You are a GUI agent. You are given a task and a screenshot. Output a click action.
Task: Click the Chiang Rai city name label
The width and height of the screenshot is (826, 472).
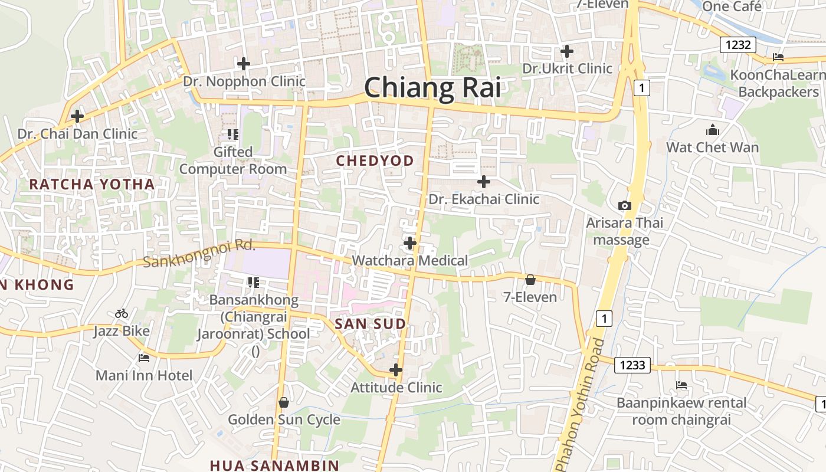(432, 88)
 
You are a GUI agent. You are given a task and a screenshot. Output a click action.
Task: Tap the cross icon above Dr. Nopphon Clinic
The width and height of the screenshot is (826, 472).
(243, 64)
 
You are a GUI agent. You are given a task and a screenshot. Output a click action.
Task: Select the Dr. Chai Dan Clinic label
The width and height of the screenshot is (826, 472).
(77, 134)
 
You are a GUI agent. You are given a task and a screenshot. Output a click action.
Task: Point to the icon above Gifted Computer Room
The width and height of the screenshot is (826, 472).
(232, 135)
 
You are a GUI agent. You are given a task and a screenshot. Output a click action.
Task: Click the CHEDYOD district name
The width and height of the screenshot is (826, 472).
(375, 160)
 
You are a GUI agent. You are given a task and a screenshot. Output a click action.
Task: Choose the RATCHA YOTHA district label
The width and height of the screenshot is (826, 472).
(92, 184)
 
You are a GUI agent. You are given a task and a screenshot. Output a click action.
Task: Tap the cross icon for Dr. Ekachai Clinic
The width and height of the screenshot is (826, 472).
(484, 182)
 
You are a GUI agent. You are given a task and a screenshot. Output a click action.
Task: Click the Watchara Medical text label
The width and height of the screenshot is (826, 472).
(409, 260)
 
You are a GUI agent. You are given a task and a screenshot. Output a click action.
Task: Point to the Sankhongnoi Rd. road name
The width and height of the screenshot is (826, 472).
(199, 253)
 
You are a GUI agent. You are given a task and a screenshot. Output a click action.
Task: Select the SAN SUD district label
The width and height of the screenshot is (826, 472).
(371, 324)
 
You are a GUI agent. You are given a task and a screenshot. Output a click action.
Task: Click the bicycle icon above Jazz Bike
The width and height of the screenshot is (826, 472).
(122, 313)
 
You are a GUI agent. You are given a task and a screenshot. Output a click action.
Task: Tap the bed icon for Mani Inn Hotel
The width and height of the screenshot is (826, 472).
(144, 358)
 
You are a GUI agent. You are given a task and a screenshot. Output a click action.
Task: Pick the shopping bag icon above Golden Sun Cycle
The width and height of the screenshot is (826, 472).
(284, 402)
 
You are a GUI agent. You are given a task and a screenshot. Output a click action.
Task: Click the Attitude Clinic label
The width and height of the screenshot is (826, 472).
(396, 388)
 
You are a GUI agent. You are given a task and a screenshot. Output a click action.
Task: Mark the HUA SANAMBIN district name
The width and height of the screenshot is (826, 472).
(274, 465)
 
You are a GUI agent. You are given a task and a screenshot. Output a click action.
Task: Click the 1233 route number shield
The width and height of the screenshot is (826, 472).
(632, 365)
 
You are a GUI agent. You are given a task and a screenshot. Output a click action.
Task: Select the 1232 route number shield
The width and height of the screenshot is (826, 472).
(737, 45)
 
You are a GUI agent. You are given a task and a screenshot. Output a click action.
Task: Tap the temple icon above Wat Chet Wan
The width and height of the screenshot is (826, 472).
(712, 130)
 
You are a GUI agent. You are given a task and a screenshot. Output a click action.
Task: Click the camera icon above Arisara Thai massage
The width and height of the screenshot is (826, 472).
(624, 205)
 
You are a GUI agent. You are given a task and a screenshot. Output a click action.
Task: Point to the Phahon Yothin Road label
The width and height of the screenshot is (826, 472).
(581, 407)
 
